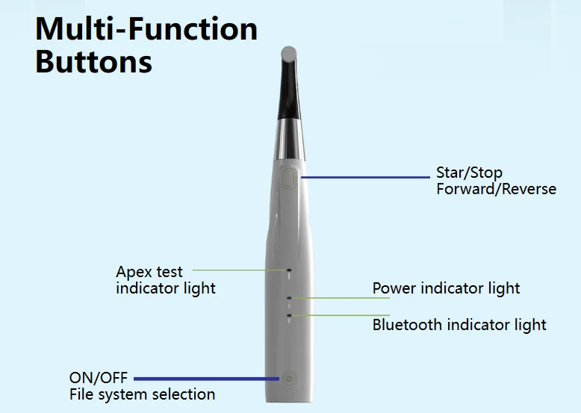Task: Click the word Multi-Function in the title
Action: click(x=146, y=29)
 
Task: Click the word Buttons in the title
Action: click(x=94, y=61)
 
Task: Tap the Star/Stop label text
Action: click(x=469, y=173)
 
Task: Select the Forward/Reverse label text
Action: click(x=496, y=189)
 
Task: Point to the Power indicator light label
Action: click(x=446, y=288)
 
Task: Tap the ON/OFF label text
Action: click(x=98, y=378)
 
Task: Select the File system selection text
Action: click(x=143, y=394)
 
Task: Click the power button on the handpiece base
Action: click(x=289, y=379)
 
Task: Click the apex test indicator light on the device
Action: click(x=289, y=270)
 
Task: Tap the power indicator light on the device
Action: click(x=289, y=297)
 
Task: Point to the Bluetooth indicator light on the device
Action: click(x=289, y=316)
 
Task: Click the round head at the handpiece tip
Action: click(x=289, y=54)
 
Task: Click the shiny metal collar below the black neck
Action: click(x=290, y=140)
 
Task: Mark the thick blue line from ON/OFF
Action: click(x=206, y=379)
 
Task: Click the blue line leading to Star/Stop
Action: click(x=365, y=178)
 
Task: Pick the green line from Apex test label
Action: click(x=240, y=270)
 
